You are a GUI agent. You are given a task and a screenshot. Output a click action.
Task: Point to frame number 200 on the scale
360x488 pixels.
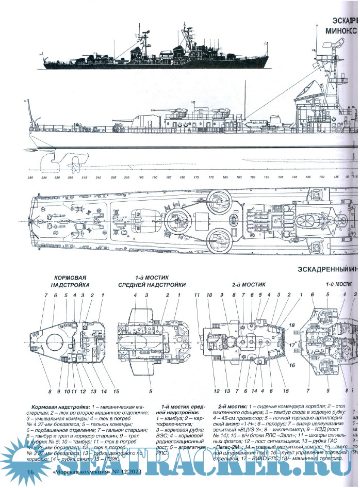pyautogui.click(x=127, y=177)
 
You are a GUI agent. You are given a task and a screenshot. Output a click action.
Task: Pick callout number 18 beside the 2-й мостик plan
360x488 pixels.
pyautogui.click(x=291, y=326)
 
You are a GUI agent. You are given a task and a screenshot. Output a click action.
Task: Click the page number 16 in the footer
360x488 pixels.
pyautogui.click(x=30, y=473)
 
